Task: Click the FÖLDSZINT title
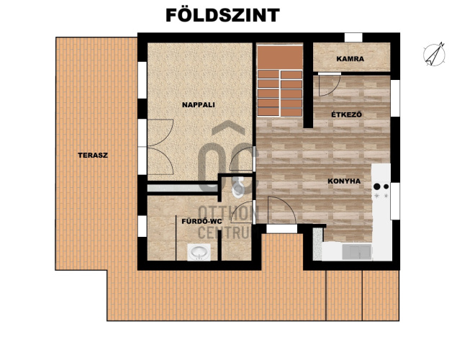(x=222, y=14)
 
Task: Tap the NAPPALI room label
(x=199, y=105)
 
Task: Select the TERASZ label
(x=93, y=155)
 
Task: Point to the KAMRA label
(x=350, y=59)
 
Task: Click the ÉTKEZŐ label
(x=347, y=114)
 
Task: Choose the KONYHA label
(x=344, y=181)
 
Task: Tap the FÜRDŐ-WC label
(x=202, y=221)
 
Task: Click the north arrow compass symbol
(x=434, y=54)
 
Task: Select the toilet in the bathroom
(x=238, y=188)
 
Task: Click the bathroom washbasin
(x=199, y=253)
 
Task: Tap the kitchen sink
(x=357, y=252)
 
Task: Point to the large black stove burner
(x=377, y=186)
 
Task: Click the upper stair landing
(x=280, y=58)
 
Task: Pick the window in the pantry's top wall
(x=353, y=37)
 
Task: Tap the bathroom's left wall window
(x=142, y=226)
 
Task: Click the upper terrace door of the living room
(x=160, y=133)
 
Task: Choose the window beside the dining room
(x=395, y=98)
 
